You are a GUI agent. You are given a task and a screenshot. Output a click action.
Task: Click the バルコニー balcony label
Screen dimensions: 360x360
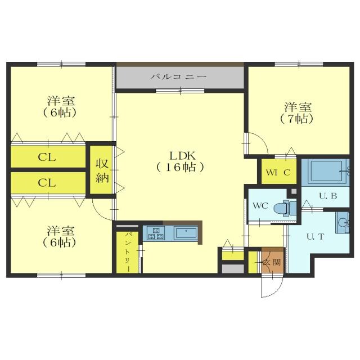coord(179,76)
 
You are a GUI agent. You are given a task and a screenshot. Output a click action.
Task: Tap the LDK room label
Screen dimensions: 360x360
coord(182,156)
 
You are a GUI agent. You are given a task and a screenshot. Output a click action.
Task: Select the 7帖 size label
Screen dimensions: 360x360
coord(296,119)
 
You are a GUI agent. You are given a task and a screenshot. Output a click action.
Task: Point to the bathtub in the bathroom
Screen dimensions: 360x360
coord(326,171)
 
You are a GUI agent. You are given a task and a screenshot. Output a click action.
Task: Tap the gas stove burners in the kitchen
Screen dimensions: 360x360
coord(156,233)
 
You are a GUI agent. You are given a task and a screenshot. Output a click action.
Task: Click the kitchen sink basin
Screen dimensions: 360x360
coord(186,233)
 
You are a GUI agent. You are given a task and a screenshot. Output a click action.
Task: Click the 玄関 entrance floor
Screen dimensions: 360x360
coord(273,261)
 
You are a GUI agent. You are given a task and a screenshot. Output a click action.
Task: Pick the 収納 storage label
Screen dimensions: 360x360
coord(102,170)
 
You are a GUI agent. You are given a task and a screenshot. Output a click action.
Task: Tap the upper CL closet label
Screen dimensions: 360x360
coord(47,157)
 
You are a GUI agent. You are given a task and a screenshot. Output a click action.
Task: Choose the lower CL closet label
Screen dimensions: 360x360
coord(47,183)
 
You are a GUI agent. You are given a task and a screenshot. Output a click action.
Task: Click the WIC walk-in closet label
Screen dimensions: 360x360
coord(278,172)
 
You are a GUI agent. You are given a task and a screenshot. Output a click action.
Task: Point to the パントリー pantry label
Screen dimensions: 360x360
coord(128,252)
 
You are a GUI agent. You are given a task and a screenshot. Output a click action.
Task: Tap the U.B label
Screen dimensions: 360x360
coord(328,196)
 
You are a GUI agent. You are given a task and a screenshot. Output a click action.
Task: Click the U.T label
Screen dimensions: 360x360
coord(315,236)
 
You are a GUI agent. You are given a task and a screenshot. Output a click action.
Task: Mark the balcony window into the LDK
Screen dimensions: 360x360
coord(180,91)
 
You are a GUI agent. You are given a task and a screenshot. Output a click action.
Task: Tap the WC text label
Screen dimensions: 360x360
coord(260,205)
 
